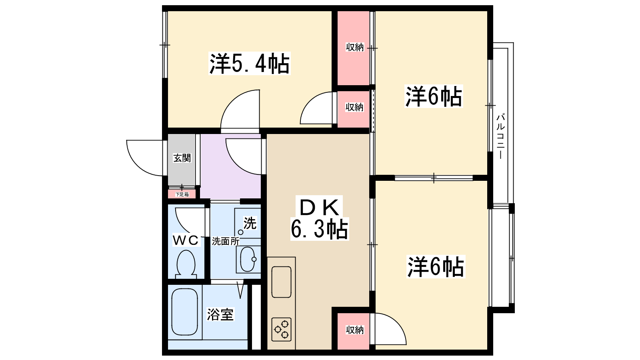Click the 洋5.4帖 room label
(250, 64)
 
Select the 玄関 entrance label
(182, 158)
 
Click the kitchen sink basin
(281, 282)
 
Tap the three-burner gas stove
(281, 329)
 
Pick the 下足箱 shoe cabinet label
(182, 194)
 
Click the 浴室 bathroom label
(220, 314)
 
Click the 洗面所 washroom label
(225, 241)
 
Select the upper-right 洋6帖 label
(434, 96)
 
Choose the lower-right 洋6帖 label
(435, 267)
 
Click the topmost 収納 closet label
(354, 47)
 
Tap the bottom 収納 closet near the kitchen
(354, 330)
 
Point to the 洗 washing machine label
(250, 223)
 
